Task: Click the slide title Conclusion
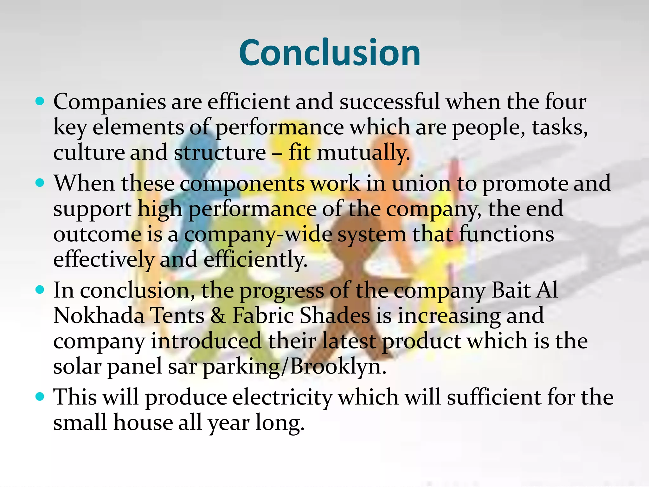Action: [330, 53]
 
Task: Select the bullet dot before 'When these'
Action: [40, 183]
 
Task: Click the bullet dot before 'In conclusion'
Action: [40, 290]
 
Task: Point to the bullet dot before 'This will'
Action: [40, 397]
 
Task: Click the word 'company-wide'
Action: [258, 235]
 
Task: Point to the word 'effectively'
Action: [103, 259]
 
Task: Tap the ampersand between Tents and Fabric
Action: [218, 315]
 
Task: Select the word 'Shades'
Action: [335, 315]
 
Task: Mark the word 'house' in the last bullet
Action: [143, 423]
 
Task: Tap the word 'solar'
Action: [77, 366]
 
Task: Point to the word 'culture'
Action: [89, 153]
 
